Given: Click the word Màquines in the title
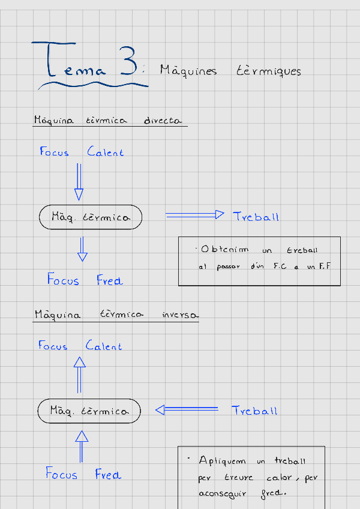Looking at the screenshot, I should click(188, 71).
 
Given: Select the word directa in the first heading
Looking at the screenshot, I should click(163, 120).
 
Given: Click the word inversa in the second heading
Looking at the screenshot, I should click(180, 315).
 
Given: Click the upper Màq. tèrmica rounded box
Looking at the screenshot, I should click(91, 217).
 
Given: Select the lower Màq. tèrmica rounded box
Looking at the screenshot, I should click(89, 411).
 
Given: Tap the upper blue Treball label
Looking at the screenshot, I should click(256, 217).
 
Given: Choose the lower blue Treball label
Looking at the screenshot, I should click(254, 411).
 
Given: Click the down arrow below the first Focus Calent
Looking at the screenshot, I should click(79, 181).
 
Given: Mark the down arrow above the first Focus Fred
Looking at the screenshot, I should click(83, 248).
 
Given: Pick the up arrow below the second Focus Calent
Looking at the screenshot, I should click(79, 373).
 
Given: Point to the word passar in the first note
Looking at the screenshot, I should click(227, 267).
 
